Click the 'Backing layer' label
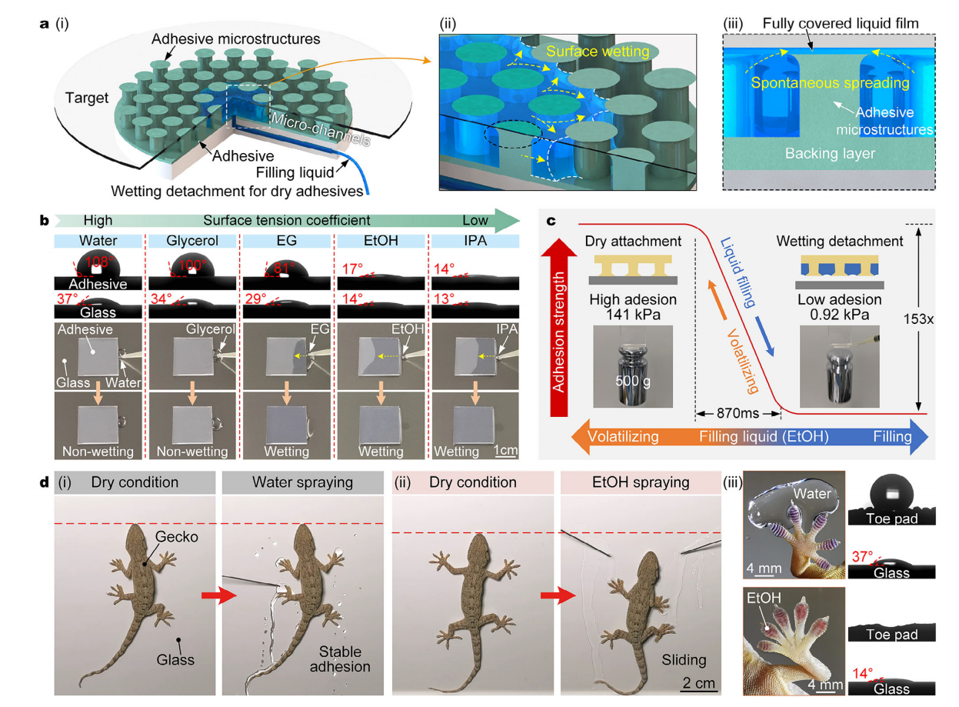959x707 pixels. point(830,154)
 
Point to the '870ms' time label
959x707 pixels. point(735,412)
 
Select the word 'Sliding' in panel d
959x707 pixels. point(684,660)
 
